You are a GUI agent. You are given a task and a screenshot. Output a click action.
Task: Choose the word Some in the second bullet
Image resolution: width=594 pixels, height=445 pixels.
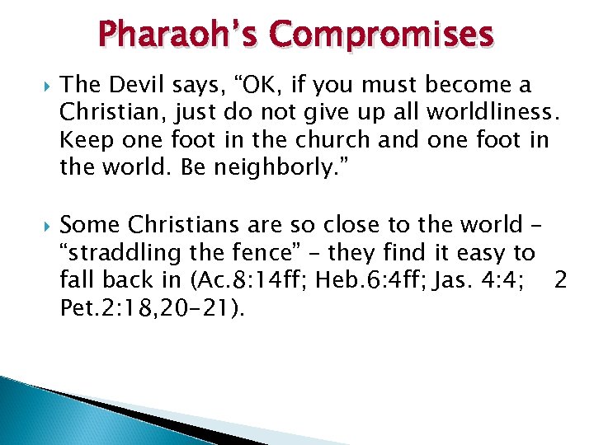(88, 225)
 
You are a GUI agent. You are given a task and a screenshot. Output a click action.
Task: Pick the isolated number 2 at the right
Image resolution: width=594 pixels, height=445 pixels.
(561, 281)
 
